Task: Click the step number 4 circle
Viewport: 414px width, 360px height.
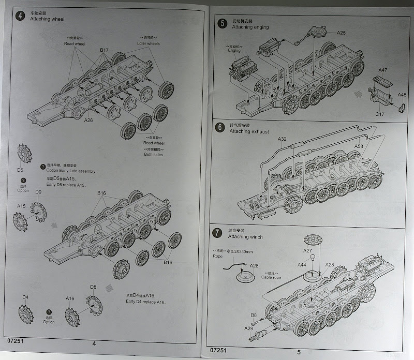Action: tap(20, 15)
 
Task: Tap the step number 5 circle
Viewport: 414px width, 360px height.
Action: tap(222, 23)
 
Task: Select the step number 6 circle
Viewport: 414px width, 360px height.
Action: tap(221, 128)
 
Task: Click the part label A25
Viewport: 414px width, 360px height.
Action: tap(341, 33)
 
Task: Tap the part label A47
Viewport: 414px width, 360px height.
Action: tap(382, 69)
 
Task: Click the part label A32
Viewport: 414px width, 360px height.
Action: tap(282, 140)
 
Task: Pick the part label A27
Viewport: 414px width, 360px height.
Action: tap(307, 251)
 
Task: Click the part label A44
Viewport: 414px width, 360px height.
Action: tap(302, 265)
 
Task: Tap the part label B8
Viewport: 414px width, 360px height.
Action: tap(254, 314)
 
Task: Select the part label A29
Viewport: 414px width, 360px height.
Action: tap(248, 328)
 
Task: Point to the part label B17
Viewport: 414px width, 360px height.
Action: tap(104, 50)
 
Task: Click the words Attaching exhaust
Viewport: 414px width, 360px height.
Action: tap(250, 132)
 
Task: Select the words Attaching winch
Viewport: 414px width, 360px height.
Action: tap(245, 237)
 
